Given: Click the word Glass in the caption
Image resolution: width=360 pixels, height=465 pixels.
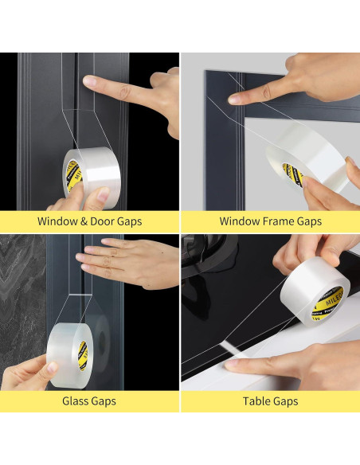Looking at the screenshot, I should [77, 401].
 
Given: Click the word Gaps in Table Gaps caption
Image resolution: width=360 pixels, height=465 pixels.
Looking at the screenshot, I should [285, 401].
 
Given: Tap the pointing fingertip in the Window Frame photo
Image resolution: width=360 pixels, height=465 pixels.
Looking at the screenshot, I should [233, 98].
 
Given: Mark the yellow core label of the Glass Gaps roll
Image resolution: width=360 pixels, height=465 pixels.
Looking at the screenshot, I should [82, 348].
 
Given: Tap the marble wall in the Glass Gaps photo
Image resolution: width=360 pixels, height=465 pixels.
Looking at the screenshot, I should [24, 303].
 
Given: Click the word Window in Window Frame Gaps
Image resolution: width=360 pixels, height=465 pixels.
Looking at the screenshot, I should [240, 221].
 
